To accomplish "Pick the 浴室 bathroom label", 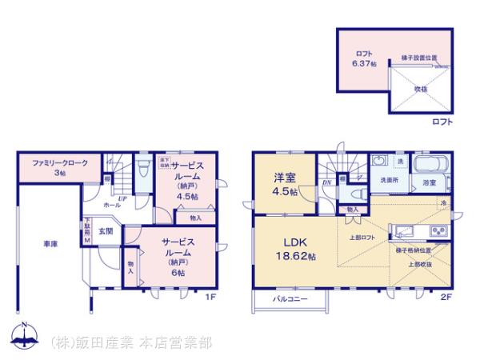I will click(x=430, y=183).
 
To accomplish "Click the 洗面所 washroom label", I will click(x=390, y=181).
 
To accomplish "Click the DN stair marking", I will click(x=327, y=182).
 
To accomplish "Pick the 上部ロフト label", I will click(x=362, y=238).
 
